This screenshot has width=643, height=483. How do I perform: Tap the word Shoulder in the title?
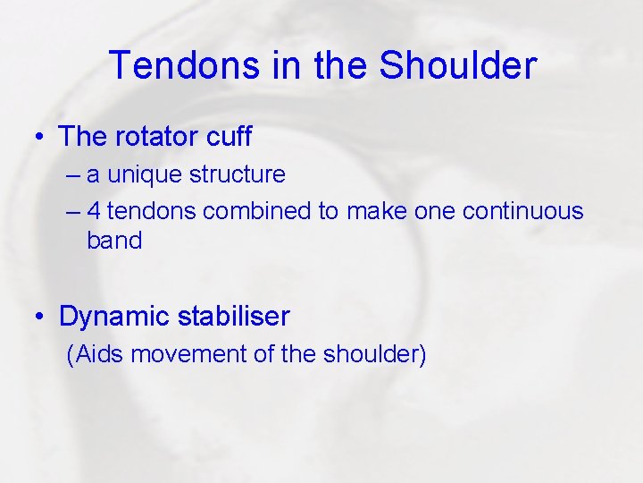458,66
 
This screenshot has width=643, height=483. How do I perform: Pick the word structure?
237,174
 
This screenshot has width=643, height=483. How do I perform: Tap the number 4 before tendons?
94,211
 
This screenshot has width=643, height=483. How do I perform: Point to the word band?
114,241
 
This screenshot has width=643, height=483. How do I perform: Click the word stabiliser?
234,316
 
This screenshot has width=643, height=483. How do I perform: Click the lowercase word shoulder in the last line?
369,355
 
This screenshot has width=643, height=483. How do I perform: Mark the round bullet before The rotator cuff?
41,138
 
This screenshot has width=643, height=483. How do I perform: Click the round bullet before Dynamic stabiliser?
41,317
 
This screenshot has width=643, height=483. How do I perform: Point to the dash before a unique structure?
72,174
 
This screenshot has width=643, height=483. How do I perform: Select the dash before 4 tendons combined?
72,212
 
